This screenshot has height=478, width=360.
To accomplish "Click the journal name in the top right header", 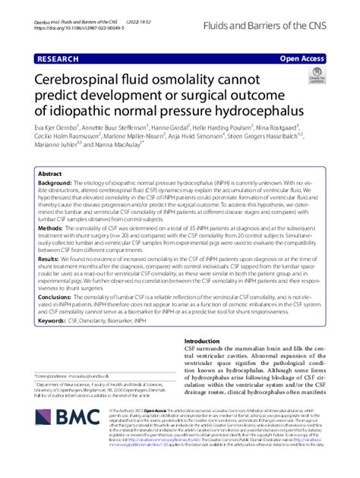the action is point(279,25).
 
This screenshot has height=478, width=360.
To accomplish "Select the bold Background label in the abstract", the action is point(55,183).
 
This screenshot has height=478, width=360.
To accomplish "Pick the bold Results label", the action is point(49,258).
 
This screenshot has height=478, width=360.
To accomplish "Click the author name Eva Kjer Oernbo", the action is point(62,128).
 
